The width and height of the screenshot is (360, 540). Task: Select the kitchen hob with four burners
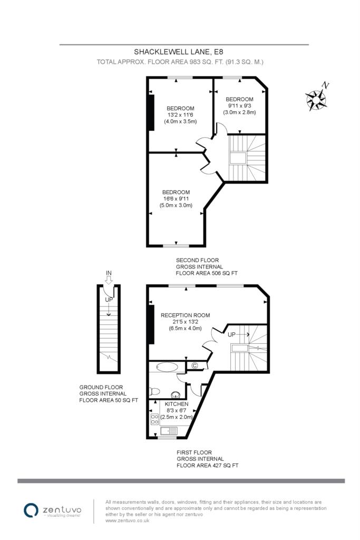(x=155, y=418)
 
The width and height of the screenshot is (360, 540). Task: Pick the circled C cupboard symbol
(x=194, y=365)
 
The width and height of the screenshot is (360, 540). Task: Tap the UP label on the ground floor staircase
(x=109, y=300)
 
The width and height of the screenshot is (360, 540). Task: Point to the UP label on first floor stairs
(x=231, y=334)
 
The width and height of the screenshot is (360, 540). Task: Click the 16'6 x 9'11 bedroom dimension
(x=177, y=199)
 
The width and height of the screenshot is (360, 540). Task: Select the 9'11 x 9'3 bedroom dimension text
(x=239, y=105)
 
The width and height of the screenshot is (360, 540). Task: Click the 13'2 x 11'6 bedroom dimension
(x=180, y=115)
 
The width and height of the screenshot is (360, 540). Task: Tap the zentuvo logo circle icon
(x=31, y=509)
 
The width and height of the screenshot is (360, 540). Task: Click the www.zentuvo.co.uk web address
(x=128, y=520)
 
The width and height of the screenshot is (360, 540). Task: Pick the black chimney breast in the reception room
(x=152, y=324)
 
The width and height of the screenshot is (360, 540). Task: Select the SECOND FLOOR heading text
(x=193, y=260)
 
